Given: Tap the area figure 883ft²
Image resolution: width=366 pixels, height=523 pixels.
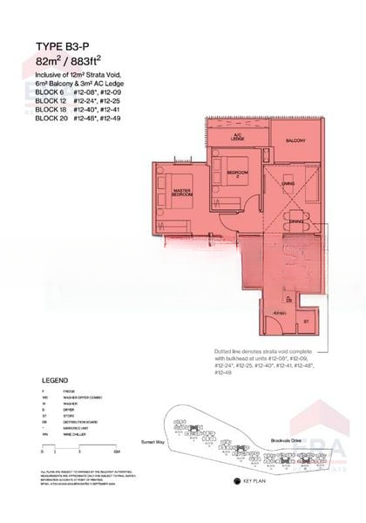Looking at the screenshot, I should (x=100, y=63).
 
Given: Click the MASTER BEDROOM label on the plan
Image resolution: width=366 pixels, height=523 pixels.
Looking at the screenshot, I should (x=182, y=192).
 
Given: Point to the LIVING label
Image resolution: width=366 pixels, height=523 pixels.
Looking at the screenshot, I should (x=287, y=184).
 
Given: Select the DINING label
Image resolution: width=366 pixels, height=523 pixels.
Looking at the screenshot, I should (x=296, y=221).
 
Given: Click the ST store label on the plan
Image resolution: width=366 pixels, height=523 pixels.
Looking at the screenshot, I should (x=306, y=321).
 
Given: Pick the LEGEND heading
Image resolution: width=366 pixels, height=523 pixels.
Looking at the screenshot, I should (x=57, y=381).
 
